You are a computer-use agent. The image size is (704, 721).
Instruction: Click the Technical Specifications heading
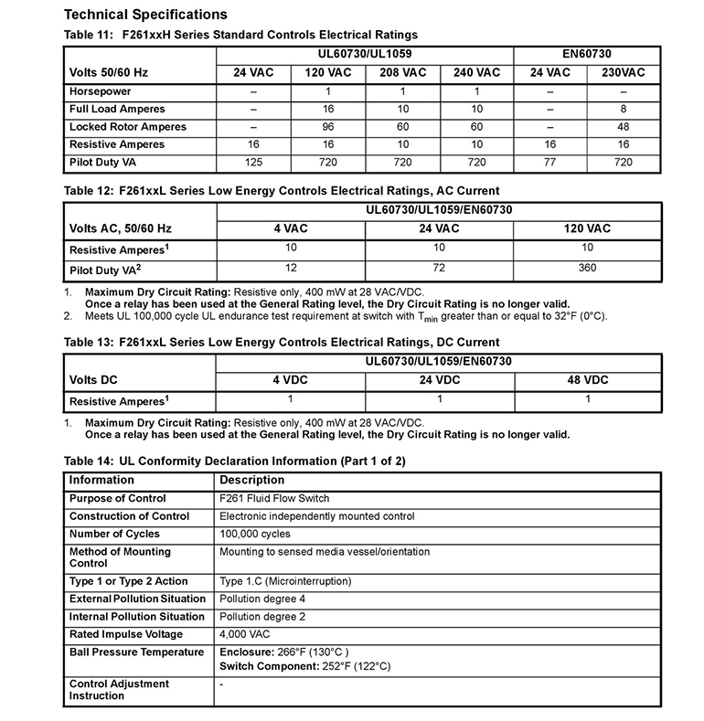[145, 15]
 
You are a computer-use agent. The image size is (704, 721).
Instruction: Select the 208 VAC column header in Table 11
[402, 72]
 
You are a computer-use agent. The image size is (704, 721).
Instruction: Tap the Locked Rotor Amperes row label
[128, 127]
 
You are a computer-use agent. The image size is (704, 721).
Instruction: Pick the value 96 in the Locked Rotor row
[327, 127]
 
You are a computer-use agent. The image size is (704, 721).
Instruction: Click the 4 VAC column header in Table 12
[290, 228]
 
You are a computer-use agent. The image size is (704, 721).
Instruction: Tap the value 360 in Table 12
[587, 269]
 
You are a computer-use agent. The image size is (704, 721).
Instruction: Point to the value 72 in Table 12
[439, 269]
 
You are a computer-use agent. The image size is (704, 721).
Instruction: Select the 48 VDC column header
[587, 379]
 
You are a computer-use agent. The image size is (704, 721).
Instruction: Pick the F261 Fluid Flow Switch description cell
[274, 499]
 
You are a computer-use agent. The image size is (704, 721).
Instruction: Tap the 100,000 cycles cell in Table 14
[255, 534]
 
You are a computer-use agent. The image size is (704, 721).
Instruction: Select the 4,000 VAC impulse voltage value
[246, 634]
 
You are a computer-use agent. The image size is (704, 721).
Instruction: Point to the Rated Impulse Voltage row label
[126, 634]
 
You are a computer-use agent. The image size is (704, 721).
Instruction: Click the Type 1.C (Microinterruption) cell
[285, 582]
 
